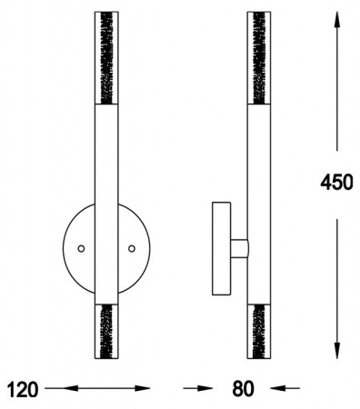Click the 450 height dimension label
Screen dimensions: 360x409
click(336, 183)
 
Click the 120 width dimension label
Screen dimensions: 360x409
click(23, 389)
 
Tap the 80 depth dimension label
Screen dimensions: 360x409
click(243, 389)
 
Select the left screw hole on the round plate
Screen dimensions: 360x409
click(81, 249)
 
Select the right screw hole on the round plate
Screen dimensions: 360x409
click(132, 249)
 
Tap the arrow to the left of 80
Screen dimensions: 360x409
click(198, 388)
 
